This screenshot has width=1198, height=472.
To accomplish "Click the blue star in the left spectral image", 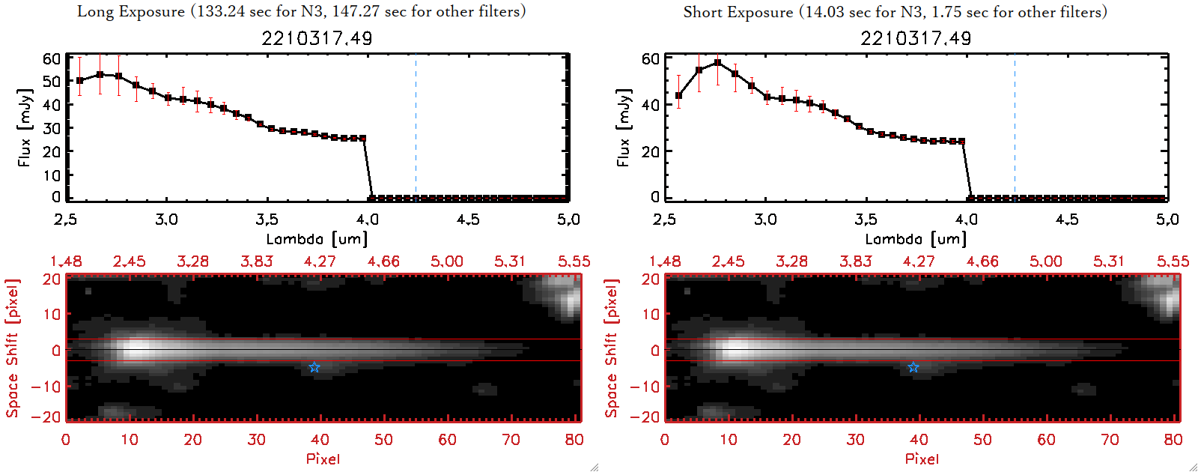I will (x=314, y=367).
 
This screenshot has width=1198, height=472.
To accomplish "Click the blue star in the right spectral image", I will (x=913, y=367).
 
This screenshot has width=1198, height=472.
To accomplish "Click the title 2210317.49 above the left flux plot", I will (x=317, y=38).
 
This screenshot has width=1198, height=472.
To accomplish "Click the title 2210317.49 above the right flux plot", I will (x=916, y=38).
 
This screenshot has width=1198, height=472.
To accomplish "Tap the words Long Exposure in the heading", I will (x=131, y=12).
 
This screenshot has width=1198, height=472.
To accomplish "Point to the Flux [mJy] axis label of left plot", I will (x=25, y=127).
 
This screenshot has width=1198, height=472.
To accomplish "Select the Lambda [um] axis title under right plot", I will (x=916, y=239).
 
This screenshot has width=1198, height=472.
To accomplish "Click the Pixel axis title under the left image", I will (x=323, y=459).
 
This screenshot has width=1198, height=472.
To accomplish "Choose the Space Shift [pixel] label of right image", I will (x=612, y=348).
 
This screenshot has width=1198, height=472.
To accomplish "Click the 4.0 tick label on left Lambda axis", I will (x=368, y=220).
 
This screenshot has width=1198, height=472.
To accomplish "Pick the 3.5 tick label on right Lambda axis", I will (x=866, y=220).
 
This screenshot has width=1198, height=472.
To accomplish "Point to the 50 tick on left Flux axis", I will (x=52, y=81).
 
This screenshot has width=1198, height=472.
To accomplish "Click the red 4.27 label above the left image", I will (x=320, y=261).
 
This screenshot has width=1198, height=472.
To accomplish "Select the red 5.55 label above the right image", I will (x=1173, y=261).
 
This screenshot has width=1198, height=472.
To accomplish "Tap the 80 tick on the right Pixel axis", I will (x=1173, y=440).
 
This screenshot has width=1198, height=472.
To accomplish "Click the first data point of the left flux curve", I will (x=80, y=80).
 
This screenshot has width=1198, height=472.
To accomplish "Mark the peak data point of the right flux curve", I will (x=717, y=62).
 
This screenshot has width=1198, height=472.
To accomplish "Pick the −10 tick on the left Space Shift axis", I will (x=46, y=387).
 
